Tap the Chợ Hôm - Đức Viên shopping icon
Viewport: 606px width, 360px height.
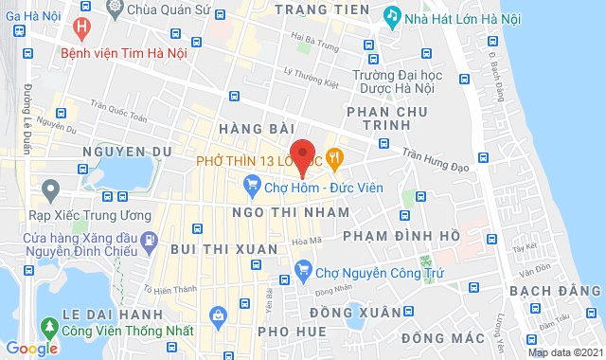point(252,186)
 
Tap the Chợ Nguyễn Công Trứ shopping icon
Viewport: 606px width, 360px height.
point(303,271)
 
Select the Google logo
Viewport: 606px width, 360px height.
point(31,348)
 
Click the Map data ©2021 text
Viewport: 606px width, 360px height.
point(563,352)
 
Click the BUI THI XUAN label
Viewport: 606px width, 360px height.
point(225,248)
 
